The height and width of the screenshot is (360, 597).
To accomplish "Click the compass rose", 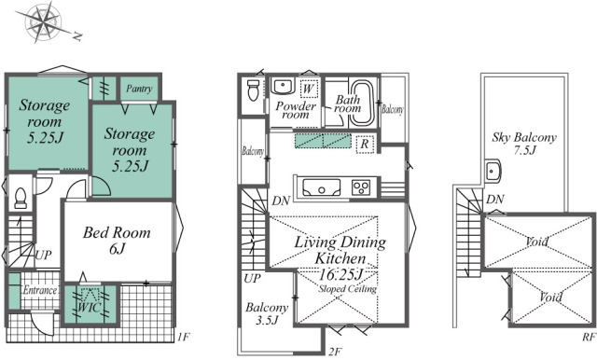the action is click(44, 23).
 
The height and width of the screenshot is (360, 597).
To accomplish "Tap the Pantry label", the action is click(139, 89).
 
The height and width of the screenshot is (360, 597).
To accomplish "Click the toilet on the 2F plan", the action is click(253, 90).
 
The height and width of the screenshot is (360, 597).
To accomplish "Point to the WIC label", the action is click(90, 307).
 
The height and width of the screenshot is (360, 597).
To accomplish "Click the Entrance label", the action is click(40, 290).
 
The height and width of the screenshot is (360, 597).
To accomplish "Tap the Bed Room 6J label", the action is click(117, 240).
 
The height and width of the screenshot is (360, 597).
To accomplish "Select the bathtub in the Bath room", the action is click(362, 103).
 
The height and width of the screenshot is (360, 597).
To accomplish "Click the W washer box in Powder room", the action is click(309, 89).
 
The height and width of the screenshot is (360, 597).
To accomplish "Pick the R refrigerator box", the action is click(365, 144).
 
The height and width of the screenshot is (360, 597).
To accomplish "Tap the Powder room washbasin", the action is click(282, 87).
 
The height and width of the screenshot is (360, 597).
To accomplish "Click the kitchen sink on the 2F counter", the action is click(322, 187).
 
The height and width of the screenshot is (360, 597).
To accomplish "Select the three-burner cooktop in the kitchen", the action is click(361, 187).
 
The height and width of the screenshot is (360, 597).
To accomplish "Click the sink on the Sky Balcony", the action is click(493, 172).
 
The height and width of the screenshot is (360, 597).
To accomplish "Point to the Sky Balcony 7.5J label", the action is click(524, 144).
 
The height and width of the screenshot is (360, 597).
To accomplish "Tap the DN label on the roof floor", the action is click(495, 199).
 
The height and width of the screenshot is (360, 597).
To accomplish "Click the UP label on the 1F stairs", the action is click(43, 255).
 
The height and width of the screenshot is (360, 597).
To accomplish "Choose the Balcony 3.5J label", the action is click(267, 313).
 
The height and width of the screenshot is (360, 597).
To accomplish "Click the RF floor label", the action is click(589, 337).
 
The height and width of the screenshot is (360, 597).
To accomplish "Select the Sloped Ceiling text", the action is click(348, 289).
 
